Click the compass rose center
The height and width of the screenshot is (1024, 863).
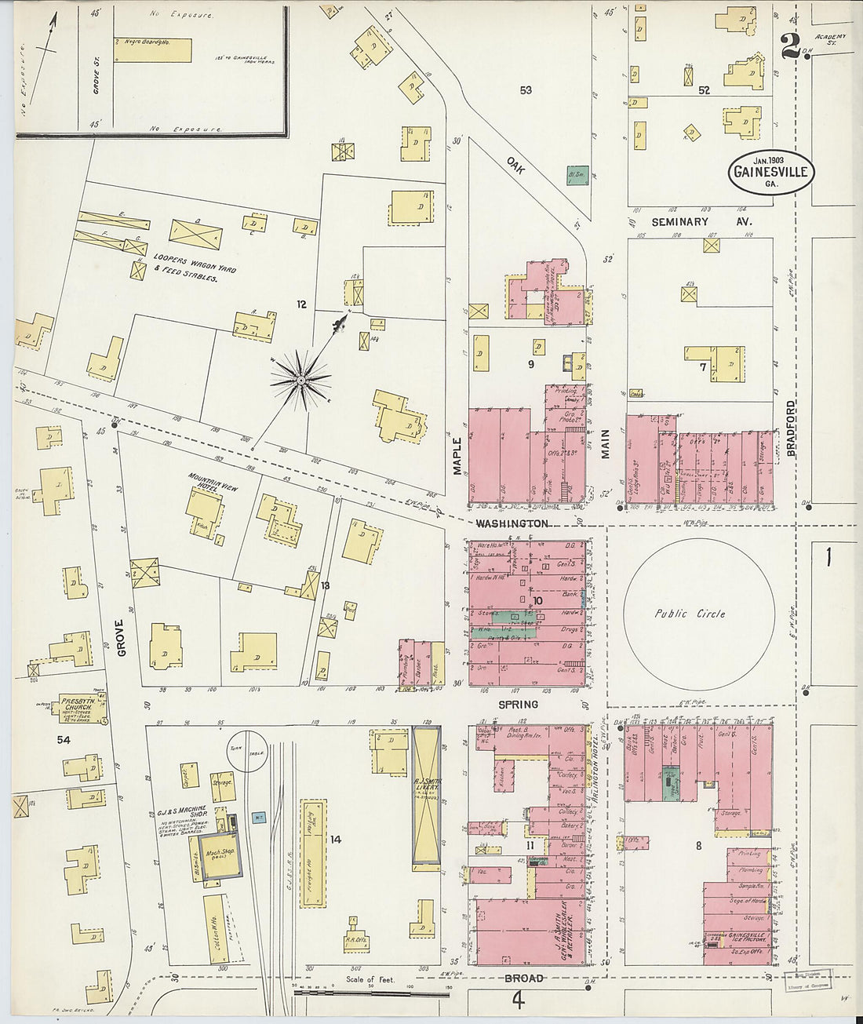(x=300, y=381)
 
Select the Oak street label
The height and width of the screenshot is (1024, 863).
(x=515, y=166)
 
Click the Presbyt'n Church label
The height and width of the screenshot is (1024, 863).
(x=82, y=701)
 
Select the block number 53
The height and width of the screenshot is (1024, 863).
(x=525, y=90)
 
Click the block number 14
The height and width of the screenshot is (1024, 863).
(x=335, y=840)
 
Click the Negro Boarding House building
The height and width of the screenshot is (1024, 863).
(x=152, y=49)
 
